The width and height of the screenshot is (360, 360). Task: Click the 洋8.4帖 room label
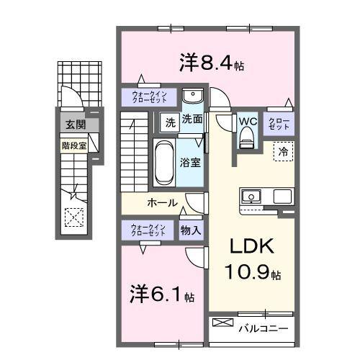[x=212, y=64]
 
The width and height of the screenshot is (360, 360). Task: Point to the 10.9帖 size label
[x=256, y=274]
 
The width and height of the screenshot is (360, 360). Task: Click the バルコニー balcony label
[x=264, y=329]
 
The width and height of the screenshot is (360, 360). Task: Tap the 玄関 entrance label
[x=74, y=125]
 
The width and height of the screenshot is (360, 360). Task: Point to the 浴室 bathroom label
[x=191, y=163]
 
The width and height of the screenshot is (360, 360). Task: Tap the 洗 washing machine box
[x=170, y=121]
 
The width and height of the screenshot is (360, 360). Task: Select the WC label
[x=248, y=121]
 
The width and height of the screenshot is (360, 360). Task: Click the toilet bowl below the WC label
[x=248, y=136]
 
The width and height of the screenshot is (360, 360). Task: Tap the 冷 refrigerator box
[x=283, y=152]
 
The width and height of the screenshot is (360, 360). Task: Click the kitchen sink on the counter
[x=252, y=197]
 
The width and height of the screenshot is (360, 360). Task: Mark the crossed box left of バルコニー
[x=222, y=324]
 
